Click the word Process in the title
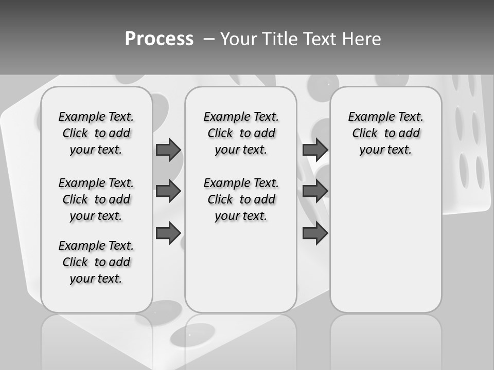click(159, 39)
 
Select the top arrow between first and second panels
click(168, 150)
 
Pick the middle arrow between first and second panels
click(168, 191)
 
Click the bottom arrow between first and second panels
click(168, 233)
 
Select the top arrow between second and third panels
click(315, 150)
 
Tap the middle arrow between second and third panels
click(315, 191)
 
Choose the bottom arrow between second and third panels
click(315, 233)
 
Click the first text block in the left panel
click(96, 133)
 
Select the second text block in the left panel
click(96, 199)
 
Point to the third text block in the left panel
click(96, 262)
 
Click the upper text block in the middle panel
click(241, 133)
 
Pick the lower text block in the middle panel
click(241, 199)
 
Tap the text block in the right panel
click(385, 133)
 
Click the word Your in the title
click(239, 39)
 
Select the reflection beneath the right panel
click(385, 342)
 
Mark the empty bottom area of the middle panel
click(241, 272)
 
